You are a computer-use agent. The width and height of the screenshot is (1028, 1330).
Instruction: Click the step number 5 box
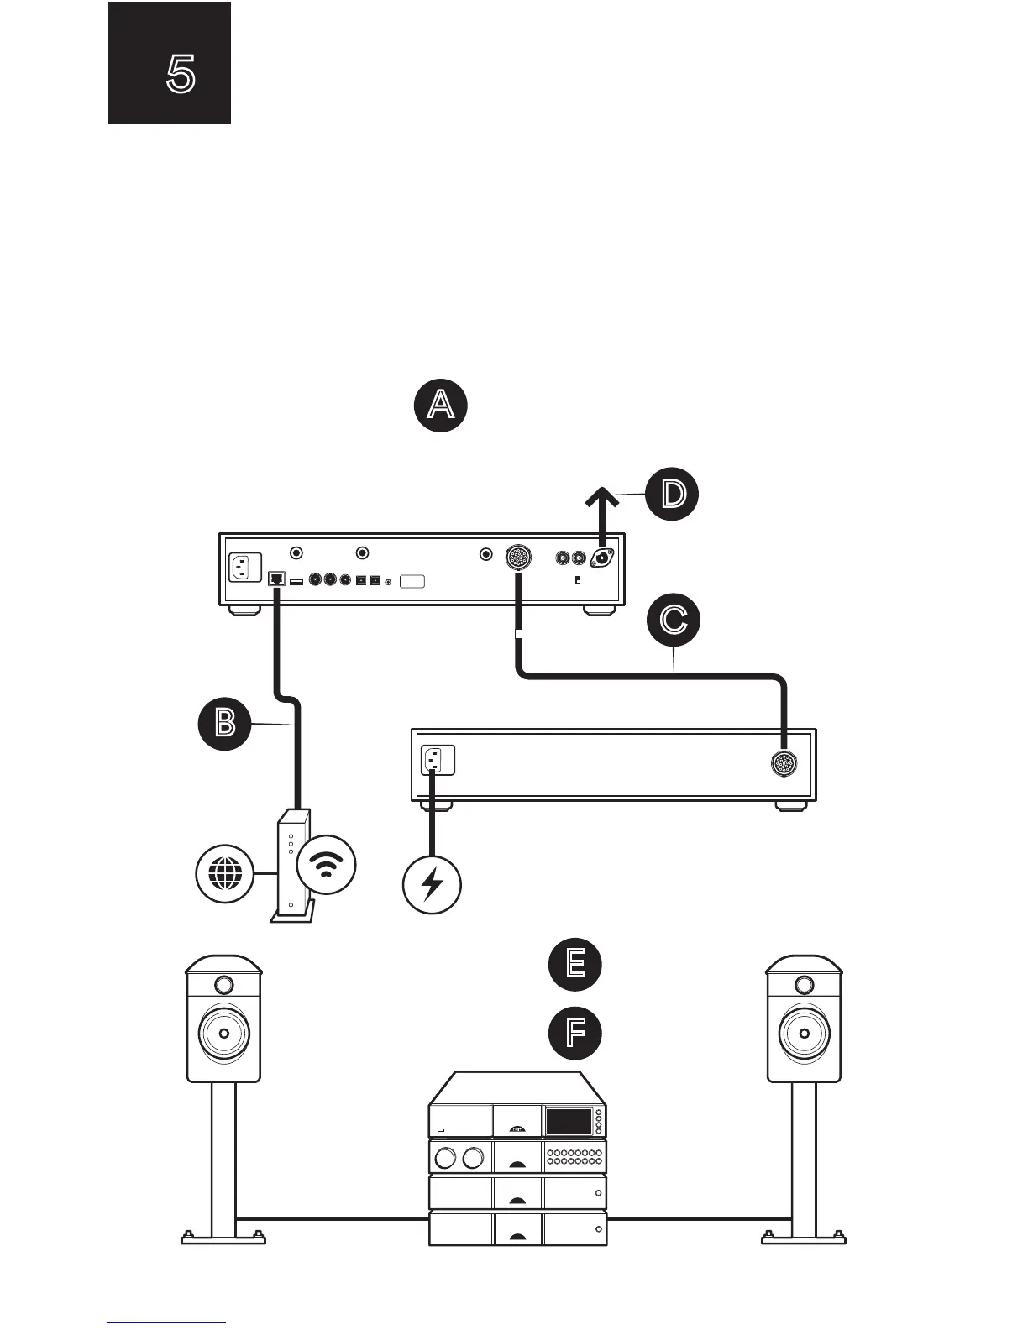[x=170, y=64]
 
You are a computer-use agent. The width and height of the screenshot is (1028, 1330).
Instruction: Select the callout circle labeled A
[x=441, y=406]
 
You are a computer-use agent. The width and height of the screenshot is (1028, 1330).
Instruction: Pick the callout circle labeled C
[x=673, y=620]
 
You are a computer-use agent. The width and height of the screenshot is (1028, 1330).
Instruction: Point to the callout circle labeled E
[x=575, y=963]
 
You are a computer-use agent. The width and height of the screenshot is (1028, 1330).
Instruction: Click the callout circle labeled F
[x=575, y=1034]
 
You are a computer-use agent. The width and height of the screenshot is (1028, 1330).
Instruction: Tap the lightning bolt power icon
[x=432, y=883]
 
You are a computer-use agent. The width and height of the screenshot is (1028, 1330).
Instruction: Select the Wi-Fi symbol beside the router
[x=327, y=865]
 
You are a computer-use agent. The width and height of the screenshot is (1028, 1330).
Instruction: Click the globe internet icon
[x=224, y=874]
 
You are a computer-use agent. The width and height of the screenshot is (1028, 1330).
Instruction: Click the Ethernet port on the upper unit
[x=276, y=579]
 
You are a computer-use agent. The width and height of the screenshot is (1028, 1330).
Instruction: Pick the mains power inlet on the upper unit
[x=245, y=567]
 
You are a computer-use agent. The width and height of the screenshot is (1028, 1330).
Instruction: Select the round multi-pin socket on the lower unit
[x=784, y=763]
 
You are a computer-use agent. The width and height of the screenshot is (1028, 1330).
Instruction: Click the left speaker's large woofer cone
[x=223, y=1030]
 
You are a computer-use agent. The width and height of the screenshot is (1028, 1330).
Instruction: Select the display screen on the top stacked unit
[x=569, y=1121]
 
